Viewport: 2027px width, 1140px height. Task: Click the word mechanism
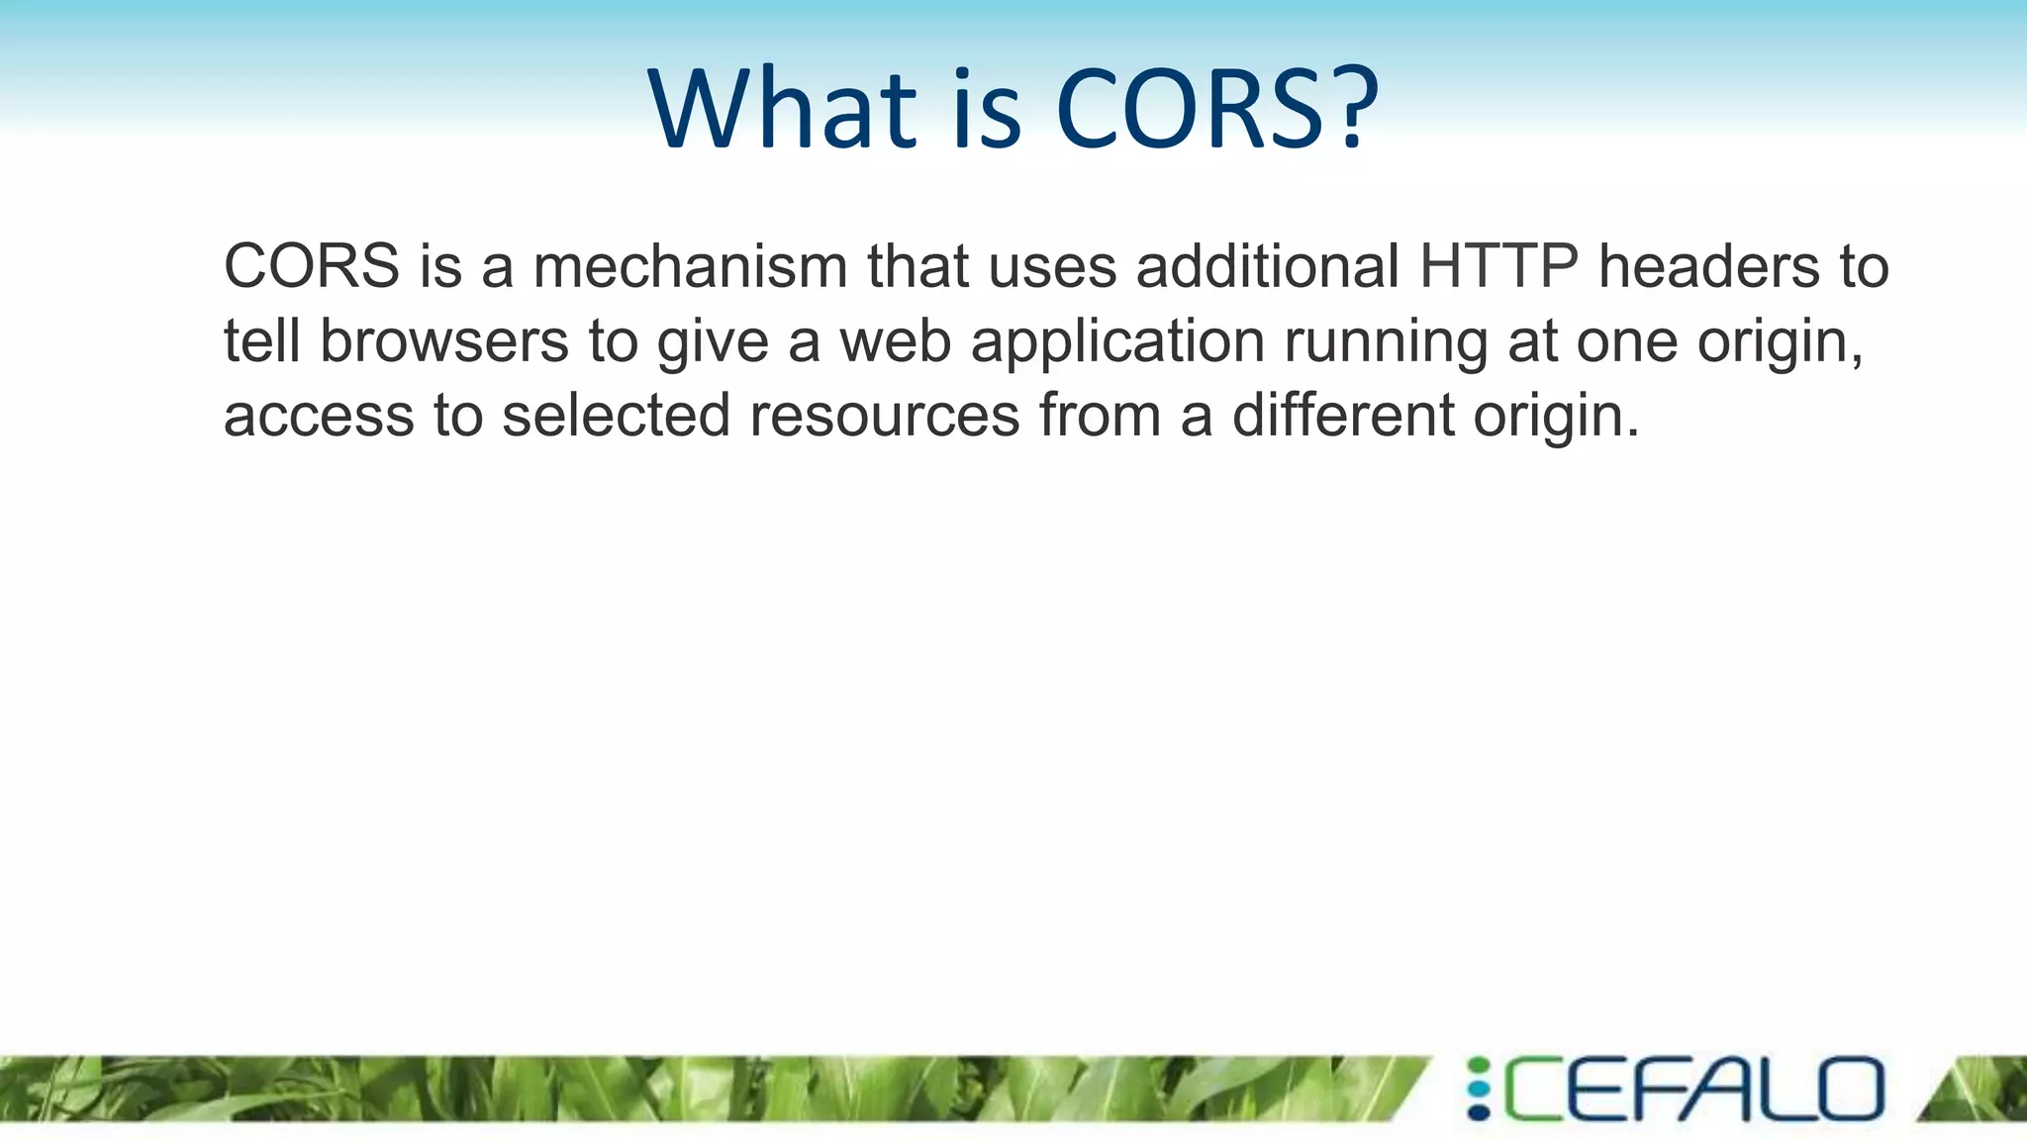(690, 266)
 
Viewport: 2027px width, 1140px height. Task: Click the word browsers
(444, 340)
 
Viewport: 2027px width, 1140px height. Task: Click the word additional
(1268, 266)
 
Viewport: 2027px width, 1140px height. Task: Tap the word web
(896, 340)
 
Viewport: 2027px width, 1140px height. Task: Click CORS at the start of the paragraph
(312, 266)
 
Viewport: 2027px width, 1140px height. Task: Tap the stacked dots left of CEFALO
(1478, 1090)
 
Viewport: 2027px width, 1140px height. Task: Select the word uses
(1052, 268)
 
